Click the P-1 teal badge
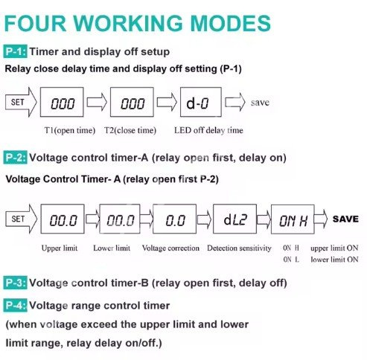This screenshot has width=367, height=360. coord(15,51)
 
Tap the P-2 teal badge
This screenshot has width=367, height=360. coord(15,158)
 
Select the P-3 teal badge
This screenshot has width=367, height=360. coord(15,283)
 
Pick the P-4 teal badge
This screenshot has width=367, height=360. coord(15,305)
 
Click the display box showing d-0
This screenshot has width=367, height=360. coord(201,102)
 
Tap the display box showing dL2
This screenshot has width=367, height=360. coord(234,219)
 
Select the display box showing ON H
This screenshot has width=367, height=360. coord(293,219)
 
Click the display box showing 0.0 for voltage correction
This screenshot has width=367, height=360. coord(174,219)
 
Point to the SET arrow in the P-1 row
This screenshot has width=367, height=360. coord(21,102)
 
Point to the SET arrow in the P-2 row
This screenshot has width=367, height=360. coord(22,219)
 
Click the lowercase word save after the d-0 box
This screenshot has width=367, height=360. coord(260,103)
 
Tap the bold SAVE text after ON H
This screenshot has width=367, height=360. coord(345,219)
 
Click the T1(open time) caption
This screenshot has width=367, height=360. coord(70,130)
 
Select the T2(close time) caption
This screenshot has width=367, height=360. coord(130,130)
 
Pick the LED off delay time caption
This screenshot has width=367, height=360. coord(208,130)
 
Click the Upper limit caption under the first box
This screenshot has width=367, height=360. coord(60,248)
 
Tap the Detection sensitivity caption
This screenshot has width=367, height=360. coord(239,248)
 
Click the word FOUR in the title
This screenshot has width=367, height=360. coord(35,23)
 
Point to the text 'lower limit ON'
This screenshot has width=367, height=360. coord(334,260)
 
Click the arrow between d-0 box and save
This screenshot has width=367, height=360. coord(235,102)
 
